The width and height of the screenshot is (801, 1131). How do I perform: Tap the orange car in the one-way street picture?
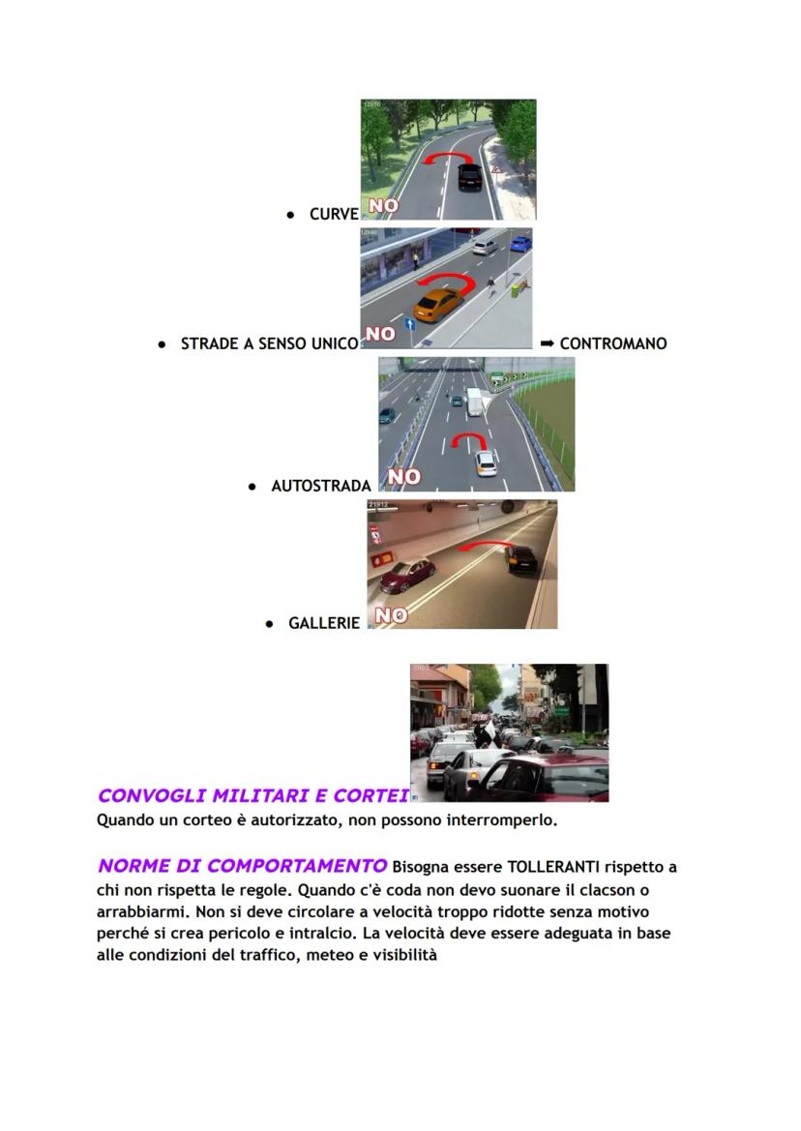tap(437, 305)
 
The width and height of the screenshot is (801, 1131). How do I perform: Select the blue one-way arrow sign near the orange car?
tap(410, 324)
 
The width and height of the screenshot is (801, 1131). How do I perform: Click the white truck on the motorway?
tap(474, 401)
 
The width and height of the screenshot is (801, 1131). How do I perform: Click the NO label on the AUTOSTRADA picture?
tap(403, 476)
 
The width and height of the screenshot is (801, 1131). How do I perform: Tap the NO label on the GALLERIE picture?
tap(391, 615)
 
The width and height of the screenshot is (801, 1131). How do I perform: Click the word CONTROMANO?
tap(612, 343)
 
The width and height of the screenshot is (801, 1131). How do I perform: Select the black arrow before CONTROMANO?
tap(547, 343)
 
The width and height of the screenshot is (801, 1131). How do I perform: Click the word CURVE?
tap(334, 215)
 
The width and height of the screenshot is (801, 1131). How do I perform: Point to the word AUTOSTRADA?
tap(321, 486)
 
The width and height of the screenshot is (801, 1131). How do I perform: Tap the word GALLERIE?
tap(324, 624)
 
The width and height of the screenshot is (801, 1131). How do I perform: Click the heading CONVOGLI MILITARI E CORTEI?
tap(252, 795)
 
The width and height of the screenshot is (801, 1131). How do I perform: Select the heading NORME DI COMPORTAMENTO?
tap(242, 866)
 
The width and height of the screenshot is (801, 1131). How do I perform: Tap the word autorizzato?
tap(282, 820)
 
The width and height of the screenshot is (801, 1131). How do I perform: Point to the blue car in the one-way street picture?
tap(520, 243)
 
